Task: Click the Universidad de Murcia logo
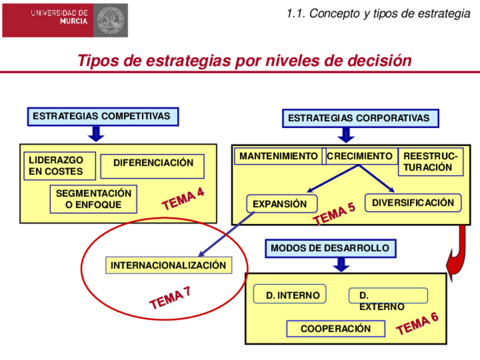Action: pyautogui.click(x=65, y=20)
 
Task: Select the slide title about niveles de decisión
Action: pyautogui.click(x=244, y=61)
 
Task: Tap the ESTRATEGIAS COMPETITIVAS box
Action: pyautogui.click(x=102, y=117)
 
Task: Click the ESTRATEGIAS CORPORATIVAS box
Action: pyautogui.click(x=360, y=118)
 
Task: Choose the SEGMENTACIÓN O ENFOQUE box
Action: pyautogui.click(x=93, y=199)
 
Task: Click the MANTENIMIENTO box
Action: pyautogui.click(x=278, y=156)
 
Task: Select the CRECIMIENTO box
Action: pyautogui.click(x=360, y=156)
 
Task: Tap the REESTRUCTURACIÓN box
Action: pyautogui.click(x=430, y=162)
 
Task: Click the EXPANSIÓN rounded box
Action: pyautogui.click(x=281, y=204)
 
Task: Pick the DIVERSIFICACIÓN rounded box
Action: pyautogui.click(x=413, y=203)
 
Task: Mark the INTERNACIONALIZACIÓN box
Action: pyautogui.click(x=168, y=265)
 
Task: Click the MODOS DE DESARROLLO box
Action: pyautogui.click(x=330, y=248)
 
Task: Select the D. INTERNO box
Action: pyautogui.click(x=289, y=294)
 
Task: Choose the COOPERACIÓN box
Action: pyautogui.click(x=335, y=328)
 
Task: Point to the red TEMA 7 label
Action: pyautogui.click(x=170, y=298)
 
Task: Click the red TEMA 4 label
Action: pyautogui.click(x=183, y=199)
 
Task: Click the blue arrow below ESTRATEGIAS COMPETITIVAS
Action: pyautogui.click(x=95, y=134)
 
